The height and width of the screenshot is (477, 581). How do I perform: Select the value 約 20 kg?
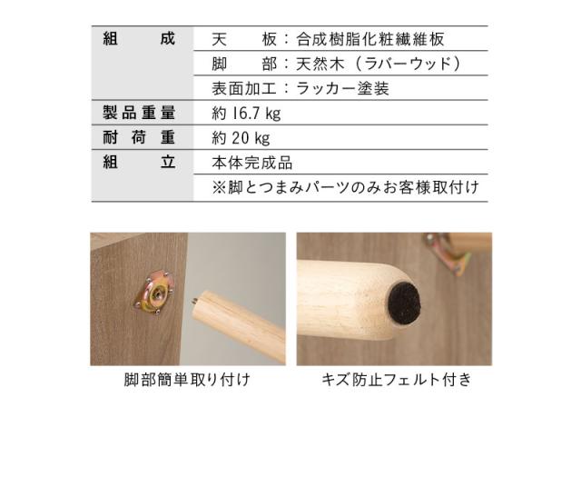click(x=241, y=138)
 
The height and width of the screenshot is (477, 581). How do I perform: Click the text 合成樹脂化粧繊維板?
click(x=369, y=39)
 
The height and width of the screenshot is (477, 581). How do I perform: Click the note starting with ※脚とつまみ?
click(x=345, y=187)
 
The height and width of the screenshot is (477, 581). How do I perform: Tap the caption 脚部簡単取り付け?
click(x=187, y=380)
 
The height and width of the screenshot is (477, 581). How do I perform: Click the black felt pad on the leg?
click(x=404, y=303)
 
